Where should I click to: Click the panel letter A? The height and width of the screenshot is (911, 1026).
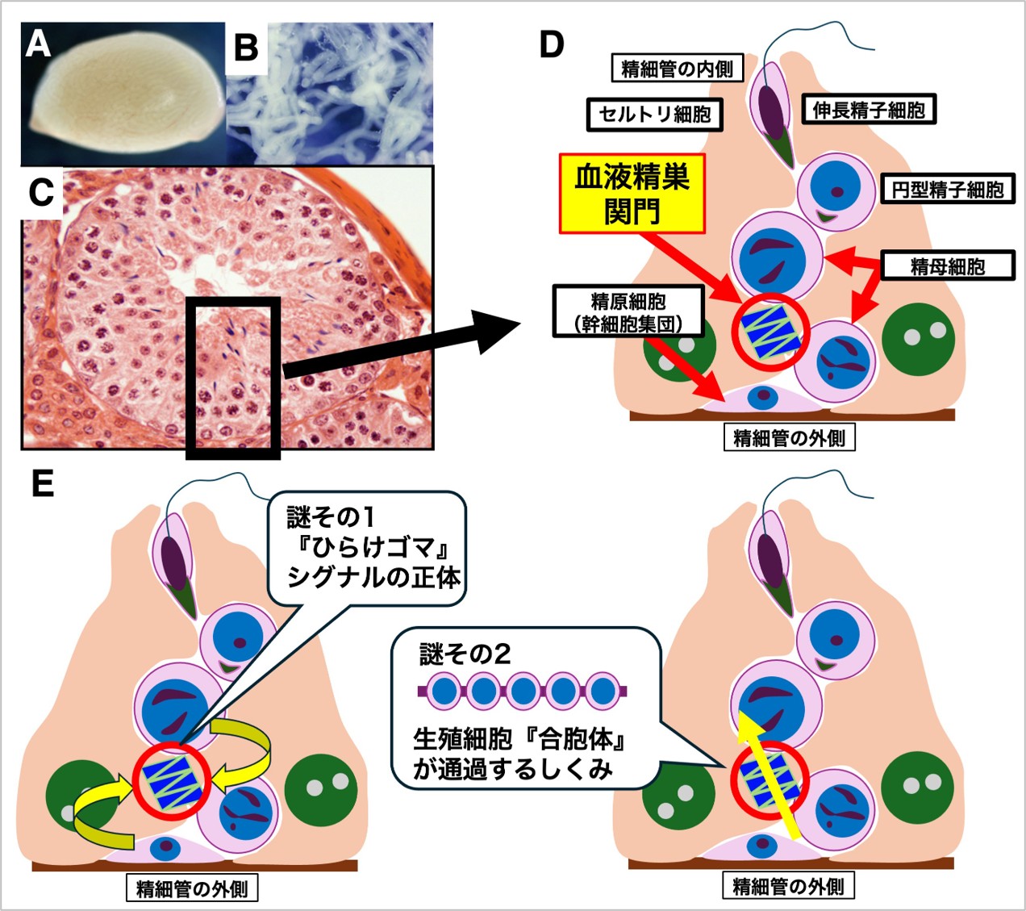pos(38,44)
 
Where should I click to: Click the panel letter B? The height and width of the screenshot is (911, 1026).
pos(245,48)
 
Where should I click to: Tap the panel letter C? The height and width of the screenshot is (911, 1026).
pos(41,192)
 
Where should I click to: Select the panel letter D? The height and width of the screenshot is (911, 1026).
pos(551,45)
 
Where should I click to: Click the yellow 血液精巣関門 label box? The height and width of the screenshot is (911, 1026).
pos(632,194)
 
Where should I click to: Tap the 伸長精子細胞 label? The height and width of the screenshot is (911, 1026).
pos(869,110)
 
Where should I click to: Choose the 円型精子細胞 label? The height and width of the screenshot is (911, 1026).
pos(947,190)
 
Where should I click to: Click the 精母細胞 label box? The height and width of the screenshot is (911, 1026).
pos(948,265)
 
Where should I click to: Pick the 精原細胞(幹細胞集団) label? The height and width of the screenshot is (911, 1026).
pos(628,312)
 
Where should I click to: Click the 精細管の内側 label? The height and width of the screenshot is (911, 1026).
pos(677,69)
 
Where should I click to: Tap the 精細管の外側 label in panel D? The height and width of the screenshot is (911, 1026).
pos(789,438)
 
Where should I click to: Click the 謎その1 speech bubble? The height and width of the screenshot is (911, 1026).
pos(367,548)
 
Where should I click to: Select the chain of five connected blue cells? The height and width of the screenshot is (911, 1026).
pos(523,692)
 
